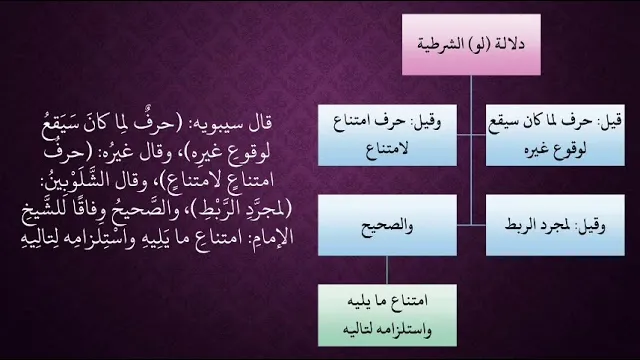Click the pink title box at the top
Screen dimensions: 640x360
coord(471,44)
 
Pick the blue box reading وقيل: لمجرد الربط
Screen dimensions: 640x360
coord(555,225)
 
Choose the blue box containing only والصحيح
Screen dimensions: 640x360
coord(387,225)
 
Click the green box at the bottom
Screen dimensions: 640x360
coord(387,316)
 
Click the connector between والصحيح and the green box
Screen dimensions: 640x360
coord(387,270)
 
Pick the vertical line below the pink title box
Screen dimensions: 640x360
coord(471,150)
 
